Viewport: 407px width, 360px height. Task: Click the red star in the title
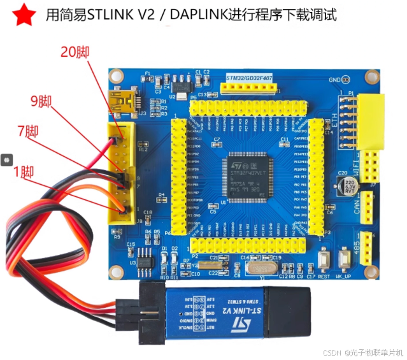(x=24, y=15)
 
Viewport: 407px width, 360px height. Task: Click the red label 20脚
(x=75, y=52)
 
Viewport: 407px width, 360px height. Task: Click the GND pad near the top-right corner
(x=346, y=80)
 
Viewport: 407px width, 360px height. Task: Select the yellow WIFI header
(x=369, y=168)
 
